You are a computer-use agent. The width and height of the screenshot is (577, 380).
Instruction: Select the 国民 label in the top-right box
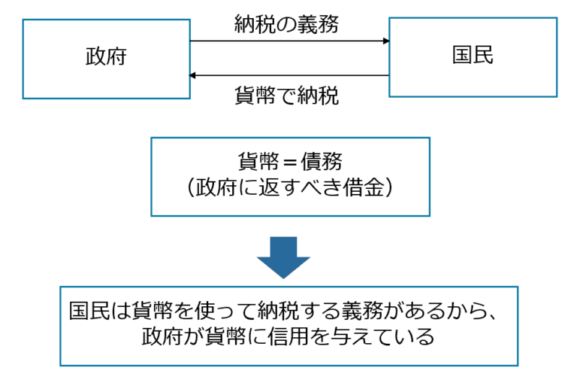(473, 56)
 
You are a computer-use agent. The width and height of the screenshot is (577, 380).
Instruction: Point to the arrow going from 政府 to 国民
(289, 41)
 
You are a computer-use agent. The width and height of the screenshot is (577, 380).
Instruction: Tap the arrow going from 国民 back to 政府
(289, 75)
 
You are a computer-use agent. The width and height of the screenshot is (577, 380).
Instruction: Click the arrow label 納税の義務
(286, 24)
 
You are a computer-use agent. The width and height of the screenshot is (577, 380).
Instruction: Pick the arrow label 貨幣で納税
(286, 96)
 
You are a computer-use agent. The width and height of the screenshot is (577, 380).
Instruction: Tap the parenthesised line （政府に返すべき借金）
(290, 188)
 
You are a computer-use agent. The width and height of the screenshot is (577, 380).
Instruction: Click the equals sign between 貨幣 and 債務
(289, 161)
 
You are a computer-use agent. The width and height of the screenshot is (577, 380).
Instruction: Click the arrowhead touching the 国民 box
(385, 41)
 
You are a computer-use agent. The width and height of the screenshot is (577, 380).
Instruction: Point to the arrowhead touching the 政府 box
(194, 75)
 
